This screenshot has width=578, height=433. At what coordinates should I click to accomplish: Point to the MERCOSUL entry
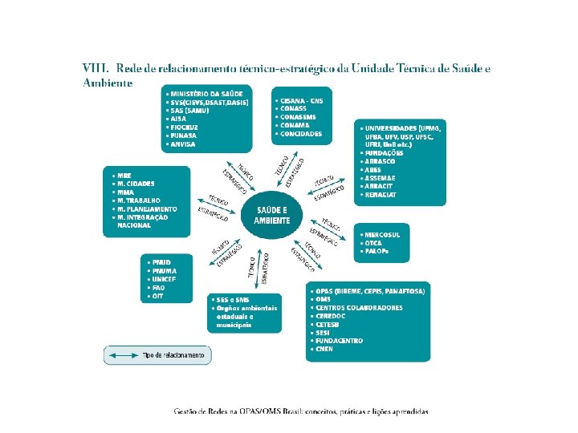383,234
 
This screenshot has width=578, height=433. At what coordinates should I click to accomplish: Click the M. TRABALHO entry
139,200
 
